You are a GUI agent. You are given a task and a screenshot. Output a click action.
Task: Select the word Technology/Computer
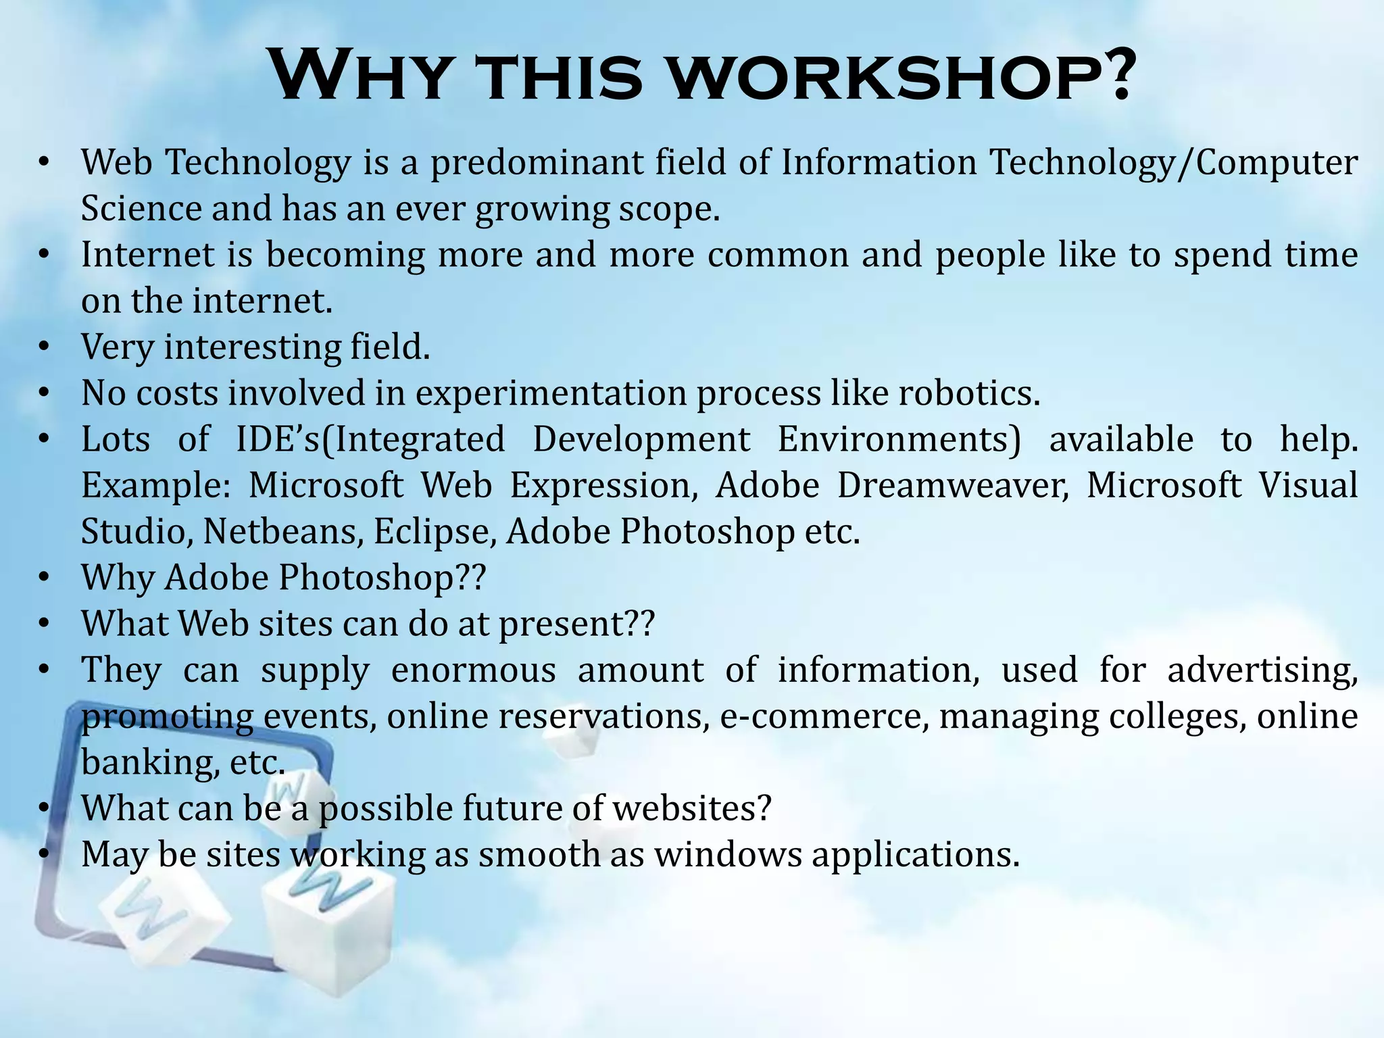1173,163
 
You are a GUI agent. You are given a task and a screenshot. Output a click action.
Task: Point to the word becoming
345,255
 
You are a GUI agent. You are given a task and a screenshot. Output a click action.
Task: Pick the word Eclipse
433,532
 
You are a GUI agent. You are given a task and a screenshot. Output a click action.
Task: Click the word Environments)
899,440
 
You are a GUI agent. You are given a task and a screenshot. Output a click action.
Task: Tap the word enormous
473,670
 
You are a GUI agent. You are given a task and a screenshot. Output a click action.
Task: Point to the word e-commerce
820,716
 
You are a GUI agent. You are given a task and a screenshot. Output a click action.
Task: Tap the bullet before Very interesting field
45,347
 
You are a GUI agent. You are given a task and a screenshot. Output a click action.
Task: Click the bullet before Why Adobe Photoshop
45,578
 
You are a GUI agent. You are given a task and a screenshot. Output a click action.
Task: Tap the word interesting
253,348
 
